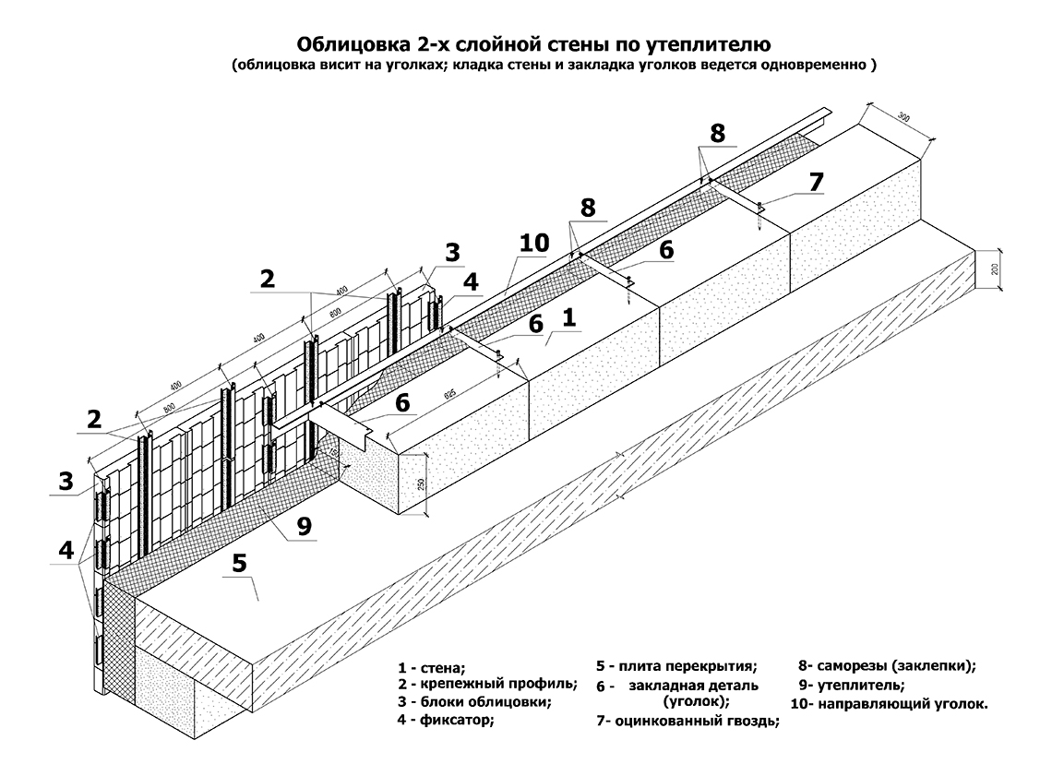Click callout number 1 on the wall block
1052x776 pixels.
(x=568, y=318)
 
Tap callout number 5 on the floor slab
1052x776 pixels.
(x=239, y=562)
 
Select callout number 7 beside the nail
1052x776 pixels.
(x=815, y=182)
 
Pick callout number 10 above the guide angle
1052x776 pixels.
(x=533, y=243)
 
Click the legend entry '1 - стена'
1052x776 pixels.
(x=432, y=667)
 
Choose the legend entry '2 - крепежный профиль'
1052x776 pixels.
(x=487, y=684)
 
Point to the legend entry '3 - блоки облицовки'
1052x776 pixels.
(x=474, y=701)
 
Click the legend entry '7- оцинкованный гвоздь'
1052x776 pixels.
(x=687, y=722)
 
